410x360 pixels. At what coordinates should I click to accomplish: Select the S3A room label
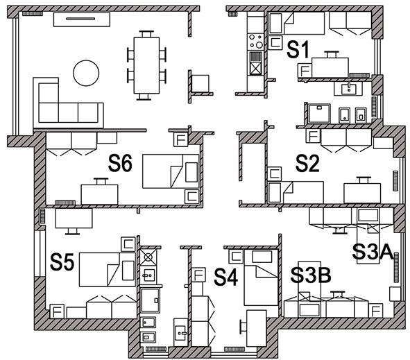tap(373, 252)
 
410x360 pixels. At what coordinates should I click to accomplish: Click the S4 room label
tap(225, 277)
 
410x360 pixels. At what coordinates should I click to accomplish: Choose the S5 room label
tap(62, 262)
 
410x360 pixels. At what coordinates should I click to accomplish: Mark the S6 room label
tap(120, 163)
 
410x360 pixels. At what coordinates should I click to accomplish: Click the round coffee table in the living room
tap(86, 73)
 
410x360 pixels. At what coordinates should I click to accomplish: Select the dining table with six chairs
tap(146, 65)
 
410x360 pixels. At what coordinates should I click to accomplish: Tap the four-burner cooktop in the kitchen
tap(256, 42)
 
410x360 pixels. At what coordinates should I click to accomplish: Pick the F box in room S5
tap(57, 311)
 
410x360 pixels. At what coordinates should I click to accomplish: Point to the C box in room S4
tap(236, 256)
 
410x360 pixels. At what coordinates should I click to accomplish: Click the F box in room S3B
tap(376, 311)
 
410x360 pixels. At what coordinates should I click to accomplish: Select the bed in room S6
tap(171, 171)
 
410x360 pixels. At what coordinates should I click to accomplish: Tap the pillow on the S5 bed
tap(128, 271)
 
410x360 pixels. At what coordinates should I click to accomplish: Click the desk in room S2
tap(362, 193)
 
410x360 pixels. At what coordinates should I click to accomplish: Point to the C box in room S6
tap(192, 196)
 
